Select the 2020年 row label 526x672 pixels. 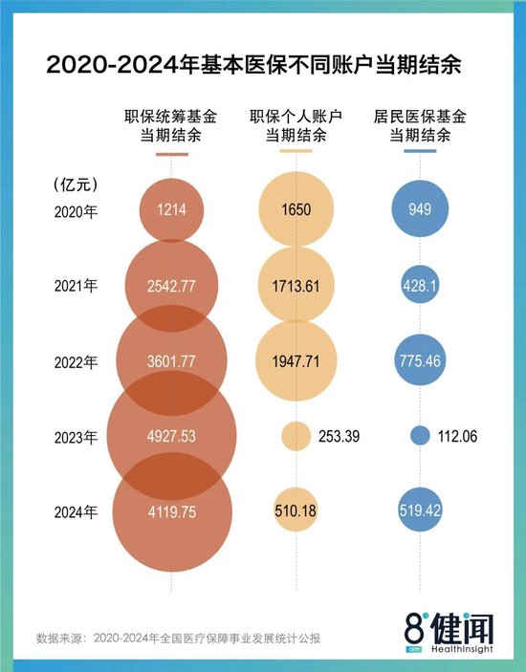(76, 211)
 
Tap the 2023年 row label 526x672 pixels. (76, 437)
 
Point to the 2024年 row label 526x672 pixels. (76, 512)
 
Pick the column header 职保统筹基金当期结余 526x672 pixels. (170, 126)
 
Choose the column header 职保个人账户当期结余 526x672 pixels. (296, 126)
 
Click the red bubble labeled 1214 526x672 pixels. (172, 211)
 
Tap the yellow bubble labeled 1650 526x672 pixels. (296, 211)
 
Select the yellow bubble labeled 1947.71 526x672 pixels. (296, 362)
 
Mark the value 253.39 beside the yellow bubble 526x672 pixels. (343, 437)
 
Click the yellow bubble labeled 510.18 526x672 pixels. (296, 512)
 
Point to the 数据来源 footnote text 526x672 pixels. (182, 638)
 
